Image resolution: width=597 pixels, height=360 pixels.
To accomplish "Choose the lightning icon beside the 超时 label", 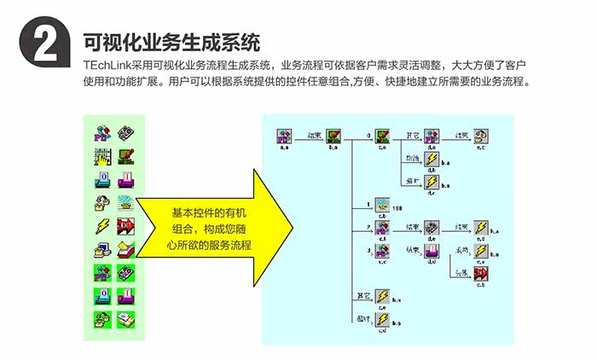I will pos(383,319).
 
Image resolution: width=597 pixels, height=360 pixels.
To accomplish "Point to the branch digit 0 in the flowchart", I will pos(368,135).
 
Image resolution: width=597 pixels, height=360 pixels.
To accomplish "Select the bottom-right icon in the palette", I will pos(125,319).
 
